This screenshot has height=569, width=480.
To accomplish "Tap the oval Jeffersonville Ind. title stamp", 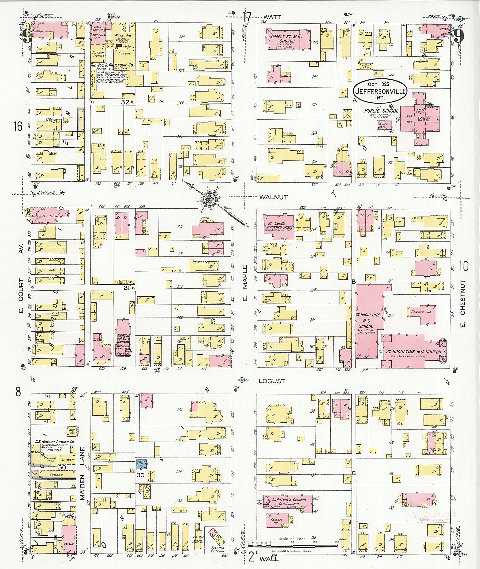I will pos(380,92).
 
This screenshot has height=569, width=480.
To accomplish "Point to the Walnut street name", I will pos(273,197).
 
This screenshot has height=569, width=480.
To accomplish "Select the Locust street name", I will pos(272,381).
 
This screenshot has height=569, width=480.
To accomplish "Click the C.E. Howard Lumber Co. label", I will pos(55,442).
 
